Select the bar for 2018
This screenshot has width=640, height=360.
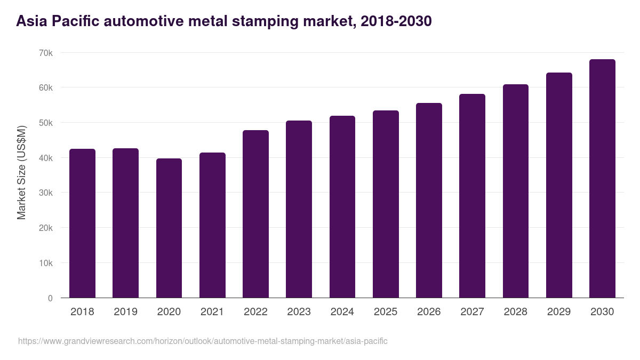coord(82,223)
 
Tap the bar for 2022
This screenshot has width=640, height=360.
coord(255,214)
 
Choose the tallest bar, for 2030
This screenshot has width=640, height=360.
coord(602,179)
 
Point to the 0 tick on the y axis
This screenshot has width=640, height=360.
coord(50,298)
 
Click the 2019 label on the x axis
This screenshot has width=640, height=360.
coord(125,312)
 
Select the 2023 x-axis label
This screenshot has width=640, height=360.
coord(299,312)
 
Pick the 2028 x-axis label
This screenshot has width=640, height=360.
coord(515,312)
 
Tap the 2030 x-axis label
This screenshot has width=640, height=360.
coord(602,312)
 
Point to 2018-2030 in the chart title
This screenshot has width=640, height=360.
coord(396,21)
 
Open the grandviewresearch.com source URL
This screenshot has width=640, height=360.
coord(203,341)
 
